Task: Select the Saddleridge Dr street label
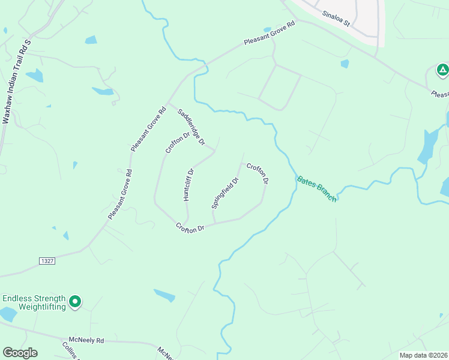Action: pos(191,127)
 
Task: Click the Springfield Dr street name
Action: pos(225,192)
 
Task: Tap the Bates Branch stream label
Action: pos(316,188)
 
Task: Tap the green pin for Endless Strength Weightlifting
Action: pos(75,302)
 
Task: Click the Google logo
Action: pos(20,353)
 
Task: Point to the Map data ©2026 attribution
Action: pos(424,355)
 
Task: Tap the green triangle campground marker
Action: pos(442,71)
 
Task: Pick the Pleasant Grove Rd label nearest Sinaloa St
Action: pos(270,34)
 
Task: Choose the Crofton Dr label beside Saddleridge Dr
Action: pos(177,142)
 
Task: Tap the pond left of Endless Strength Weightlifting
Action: pos(8,314)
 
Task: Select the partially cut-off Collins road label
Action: pos(70,350)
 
